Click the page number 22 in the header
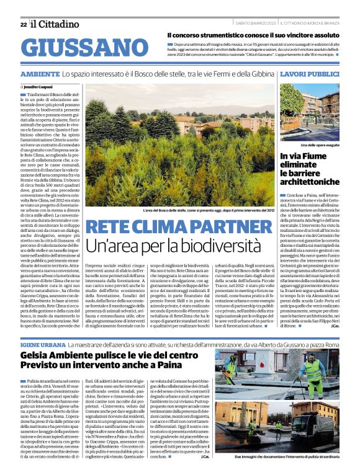(x=23, y=24)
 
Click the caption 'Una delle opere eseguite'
(x=318, y=144)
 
